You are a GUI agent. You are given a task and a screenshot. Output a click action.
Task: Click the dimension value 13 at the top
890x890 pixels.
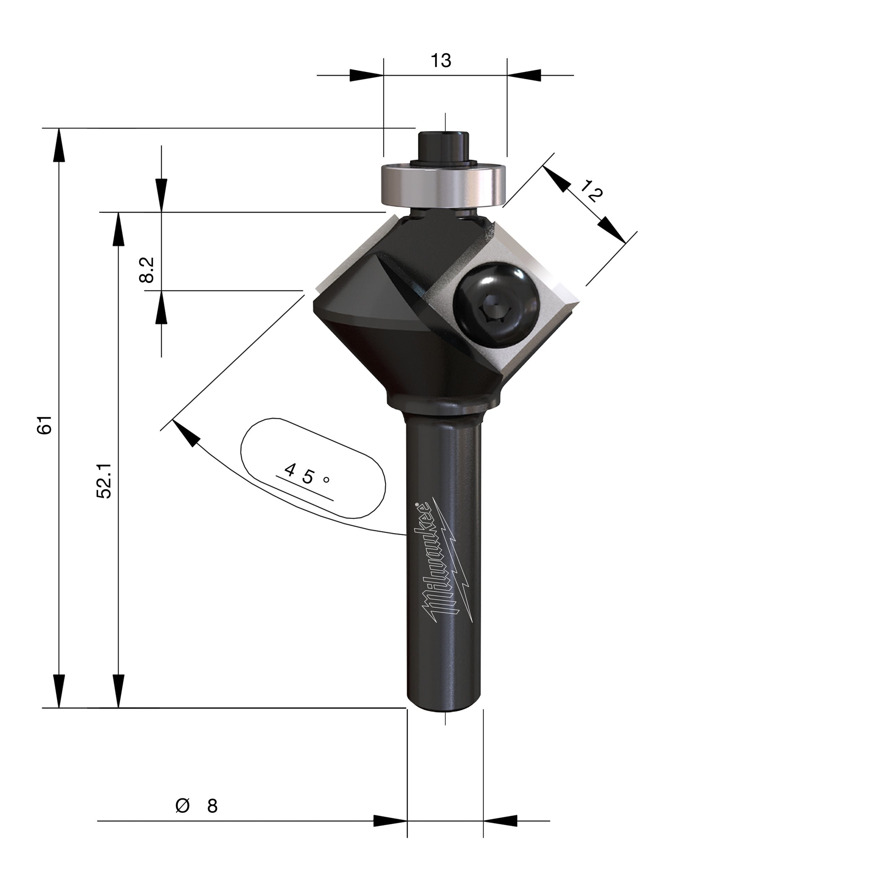[x=441, y=60]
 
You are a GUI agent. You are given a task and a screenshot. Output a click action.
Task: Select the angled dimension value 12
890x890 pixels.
[x=591, y=191]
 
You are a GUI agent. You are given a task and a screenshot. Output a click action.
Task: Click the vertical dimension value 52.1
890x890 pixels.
[x=104, y=480]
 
